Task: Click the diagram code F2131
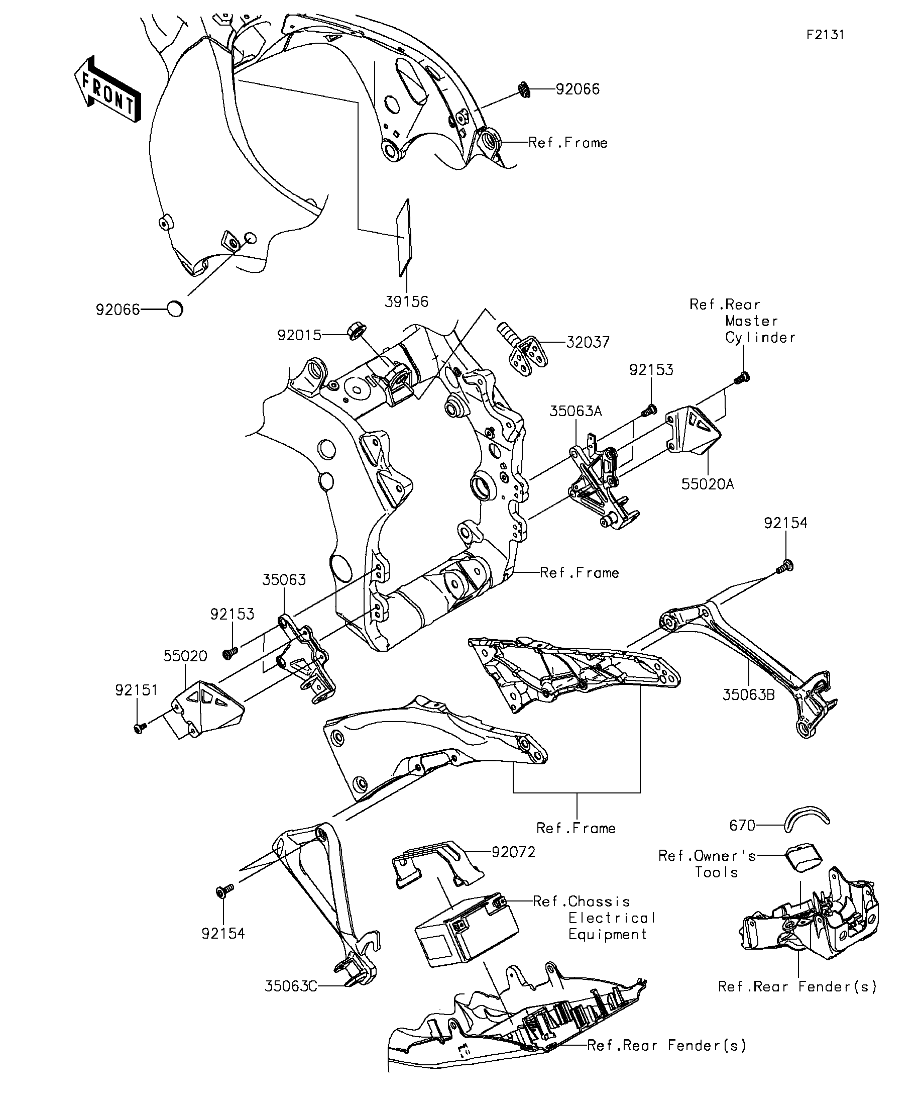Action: pyautogui.click(x=825, y=35)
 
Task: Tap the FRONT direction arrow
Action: pyautogui.click(x=107, y=89)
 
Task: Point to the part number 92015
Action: pyautogui.click(x=299, y=335)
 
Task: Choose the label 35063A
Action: pyautogui.click(x=576, y=411)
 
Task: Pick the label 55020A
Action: pyautogui.click(x=707, y=484)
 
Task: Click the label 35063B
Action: pyautogui.click(x=748, y=694)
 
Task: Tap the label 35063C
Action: pyautogui.click(x=291, y=985)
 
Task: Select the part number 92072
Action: pyautogui.click(x=513, y=852)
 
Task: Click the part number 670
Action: pyautogui.click(x=742, y=825)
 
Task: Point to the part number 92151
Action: pyautogui.click(x=137, y=690)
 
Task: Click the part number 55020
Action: pyautogui.click(x=185, y=656)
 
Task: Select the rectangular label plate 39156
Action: pyautogui.click(x=404, y=237)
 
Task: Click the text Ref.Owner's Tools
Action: pyautogui.click(x=707, y=864)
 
